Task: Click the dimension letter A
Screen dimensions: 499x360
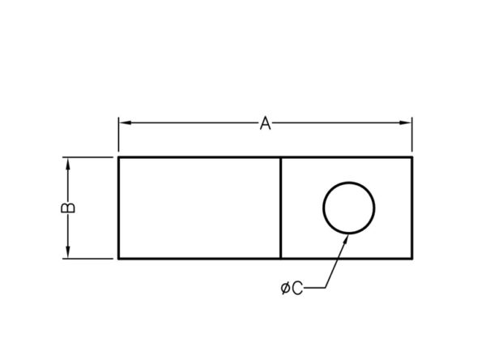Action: [265, 123]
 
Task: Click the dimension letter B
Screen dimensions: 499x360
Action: [68, 208]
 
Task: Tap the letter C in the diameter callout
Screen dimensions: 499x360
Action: [296, 289]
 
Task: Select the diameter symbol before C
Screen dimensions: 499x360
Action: [285, 289]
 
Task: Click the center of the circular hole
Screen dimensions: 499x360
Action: [349, 208]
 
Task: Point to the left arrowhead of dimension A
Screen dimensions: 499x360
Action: [125, 122]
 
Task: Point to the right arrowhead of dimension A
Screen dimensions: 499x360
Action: [405, 122]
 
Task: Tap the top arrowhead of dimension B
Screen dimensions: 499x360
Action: [67, 164]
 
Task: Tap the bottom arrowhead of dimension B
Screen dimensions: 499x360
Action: [67, 252]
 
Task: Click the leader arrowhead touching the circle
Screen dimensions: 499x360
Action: [345, 239]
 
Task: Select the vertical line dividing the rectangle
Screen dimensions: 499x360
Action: [280, 208]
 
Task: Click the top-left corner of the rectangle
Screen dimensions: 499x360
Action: [118, 157]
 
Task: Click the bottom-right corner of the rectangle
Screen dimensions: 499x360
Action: [412, 259]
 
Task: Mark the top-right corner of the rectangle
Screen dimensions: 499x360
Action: [412, 157]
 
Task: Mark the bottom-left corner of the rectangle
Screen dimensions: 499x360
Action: [118, 259]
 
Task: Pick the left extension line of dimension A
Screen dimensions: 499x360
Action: [119, 135]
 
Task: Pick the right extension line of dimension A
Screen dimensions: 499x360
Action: [412, 135]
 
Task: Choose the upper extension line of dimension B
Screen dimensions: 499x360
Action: [87, 157]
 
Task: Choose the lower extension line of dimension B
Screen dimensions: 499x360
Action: [87, 259]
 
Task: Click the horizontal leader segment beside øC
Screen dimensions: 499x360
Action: [314, 288]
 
